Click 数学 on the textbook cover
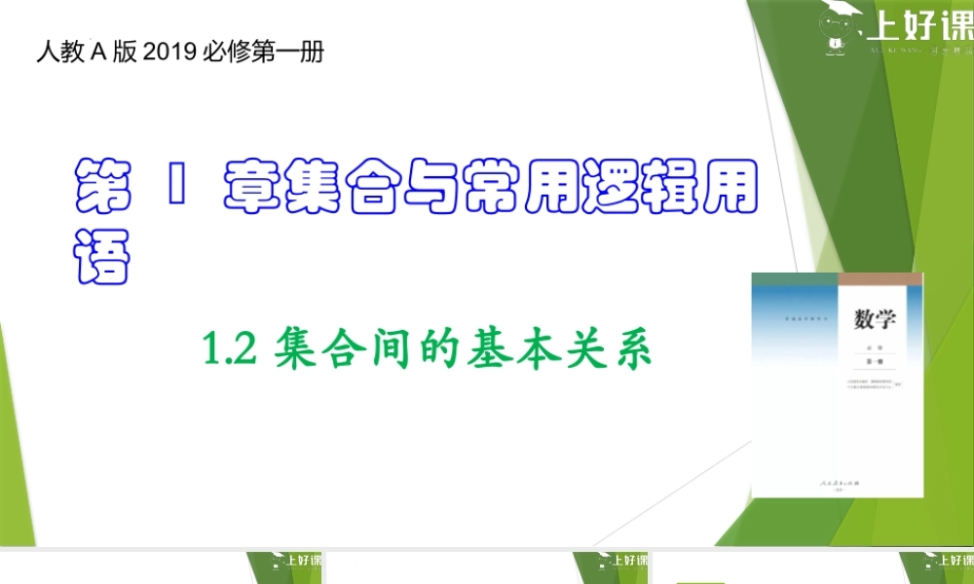click(x=876, y=319)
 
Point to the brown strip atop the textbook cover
click(x=880, y=278)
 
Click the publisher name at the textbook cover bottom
click(x=836, y=484)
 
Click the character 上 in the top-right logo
click(x=881, y=26)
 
